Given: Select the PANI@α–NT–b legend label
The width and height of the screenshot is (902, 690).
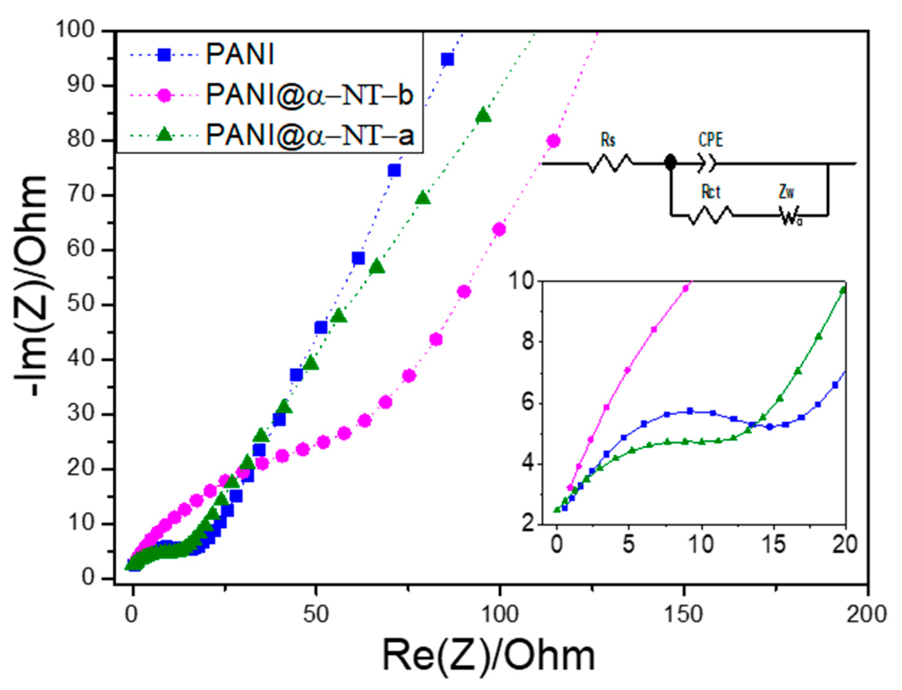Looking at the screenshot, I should (x=309, y=95).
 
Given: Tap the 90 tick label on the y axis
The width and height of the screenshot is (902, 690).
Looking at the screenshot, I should (x=81, y=85).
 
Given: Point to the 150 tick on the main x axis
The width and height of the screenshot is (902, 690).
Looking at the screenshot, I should (x=683, y=614).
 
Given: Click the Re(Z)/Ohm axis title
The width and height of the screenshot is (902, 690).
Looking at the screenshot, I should (x=489, y=656).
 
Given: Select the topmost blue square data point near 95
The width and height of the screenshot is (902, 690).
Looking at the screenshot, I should (x=447, y=60).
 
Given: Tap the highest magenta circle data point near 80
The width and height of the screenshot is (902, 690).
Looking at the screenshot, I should (x=553, y=141).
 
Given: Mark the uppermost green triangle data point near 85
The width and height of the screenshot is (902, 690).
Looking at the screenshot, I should (x=483, y=116).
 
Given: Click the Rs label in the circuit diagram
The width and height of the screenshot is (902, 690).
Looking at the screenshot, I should (x=608, y=140).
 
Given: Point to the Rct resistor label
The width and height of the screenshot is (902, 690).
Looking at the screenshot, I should (x=710, y=192).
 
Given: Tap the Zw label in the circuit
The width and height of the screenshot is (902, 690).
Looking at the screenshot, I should (x=786, y=192).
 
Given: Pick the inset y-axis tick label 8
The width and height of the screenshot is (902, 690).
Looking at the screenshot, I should (x=528, y=342).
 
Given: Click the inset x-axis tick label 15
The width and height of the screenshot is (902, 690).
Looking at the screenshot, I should (x=773, y=545).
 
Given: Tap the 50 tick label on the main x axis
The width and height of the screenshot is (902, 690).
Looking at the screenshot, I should (x=315, y=614).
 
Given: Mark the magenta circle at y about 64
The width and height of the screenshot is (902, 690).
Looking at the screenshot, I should (x=499, y=229).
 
